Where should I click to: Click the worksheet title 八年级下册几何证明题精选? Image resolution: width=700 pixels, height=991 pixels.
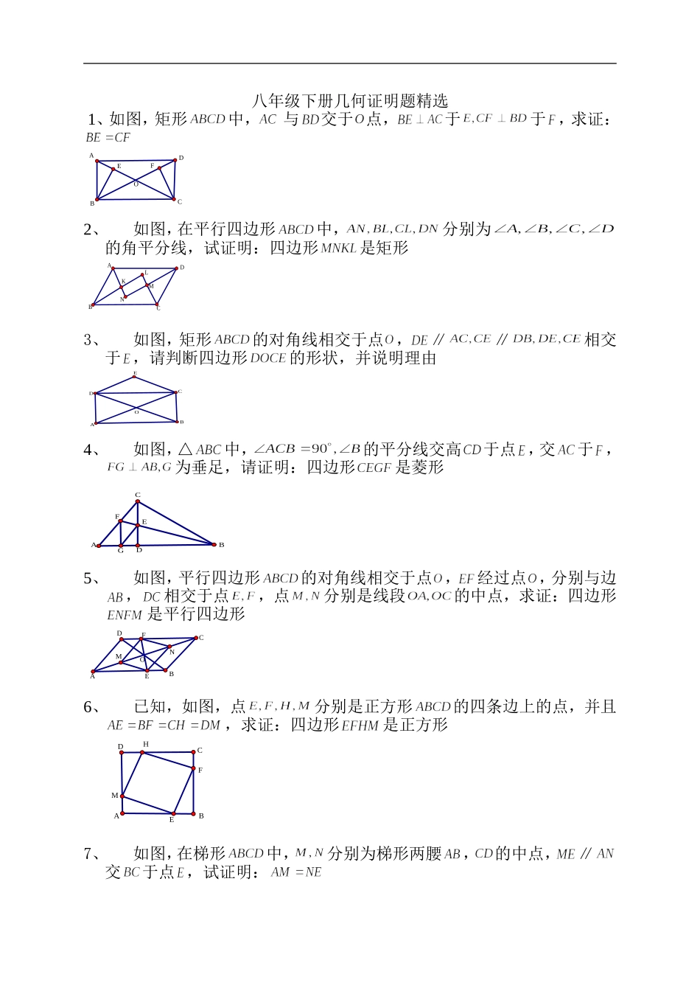[x=349, y=101]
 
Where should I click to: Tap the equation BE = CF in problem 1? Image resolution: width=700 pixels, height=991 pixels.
[x=108, y=138]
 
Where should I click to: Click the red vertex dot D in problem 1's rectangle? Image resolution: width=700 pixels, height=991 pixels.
[x=175, y=159]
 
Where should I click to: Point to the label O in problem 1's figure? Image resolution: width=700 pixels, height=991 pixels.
[x=136, y=184]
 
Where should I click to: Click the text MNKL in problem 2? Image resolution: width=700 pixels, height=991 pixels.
[x=339, y=248]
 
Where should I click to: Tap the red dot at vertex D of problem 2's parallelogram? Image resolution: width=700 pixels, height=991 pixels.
[x=178, y=268]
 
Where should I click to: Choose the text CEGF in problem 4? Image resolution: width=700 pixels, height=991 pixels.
[x=373, y=467]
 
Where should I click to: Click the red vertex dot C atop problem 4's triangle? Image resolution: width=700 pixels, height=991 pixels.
[x=138, y=502]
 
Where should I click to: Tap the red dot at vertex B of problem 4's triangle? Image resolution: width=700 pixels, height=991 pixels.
[x=214, y=545]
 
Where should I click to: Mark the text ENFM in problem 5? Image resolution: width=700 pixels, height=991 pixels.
[x=125, y=615]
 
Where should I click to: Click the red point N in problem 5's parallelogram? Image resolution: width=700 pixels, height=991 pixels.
[x=169, y=647]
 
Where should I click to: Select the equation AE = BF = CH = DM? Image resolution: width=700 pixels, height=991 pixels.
[x=164, y=726]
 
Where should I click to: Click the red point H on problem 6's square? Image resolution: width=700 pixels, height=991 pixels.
[x=142, y=752]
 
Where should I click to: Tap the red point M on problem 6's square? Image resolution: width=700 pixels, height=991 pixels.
[x=122, y=796]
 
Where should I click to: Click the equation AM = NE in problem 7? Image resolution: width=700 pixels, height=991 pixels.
[x=296, y=873]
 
